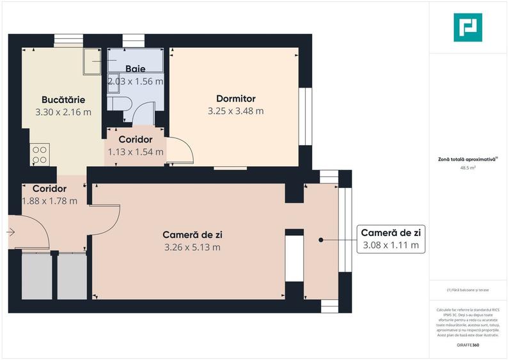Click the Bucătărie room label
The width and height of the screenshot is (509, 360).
[63, 100]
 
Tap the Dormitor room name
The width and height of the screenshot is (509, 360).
[236, 98]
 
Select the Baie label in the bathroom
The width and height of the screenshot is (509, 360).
[135, 69]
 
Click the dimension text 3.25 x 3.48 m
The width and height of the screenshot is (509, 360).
[236, 111]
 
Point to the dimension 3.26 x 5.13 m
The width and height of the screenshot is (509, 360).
[192, 247]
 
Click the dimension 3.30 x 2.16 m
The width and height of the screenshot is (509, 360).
[63, 112]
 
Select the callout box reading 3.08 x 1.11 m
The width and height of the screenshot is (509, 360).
[390, 239]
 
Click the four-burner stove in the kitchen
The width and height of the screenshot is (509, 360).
[40, 155]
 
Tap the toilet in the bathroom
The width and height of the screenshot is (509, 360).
[120, 104]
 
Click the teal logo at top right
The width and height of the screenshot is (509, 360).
[468, 27]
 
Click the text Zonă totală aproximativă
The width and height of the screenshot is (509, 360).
[468, 159]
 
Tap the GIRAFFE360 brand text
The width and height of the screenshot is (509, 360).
[468, 345]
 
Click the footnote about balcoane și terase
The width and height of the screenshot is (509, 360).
[468, 290]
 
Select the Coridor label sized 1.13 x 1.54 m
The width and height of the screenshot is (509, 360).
[135, 139]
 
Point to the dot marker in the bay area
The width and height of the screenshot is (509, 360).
[321, 240]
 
